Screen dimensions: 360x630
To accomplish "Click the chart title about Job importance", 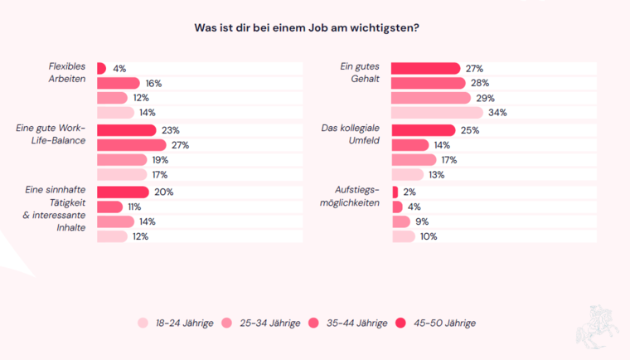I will [x=307, y=27].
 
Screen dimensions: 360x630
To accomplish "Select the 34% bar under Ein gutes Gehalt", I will [x=437, y=113].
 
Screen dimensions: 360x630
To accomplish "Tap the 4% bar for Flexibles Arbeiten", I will [x=101, y=68].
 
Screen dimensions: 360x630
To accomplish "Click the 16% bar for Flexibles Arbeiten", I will [x=118, y=83].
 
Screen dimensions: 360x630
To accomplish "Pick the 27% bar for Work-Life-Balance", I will [x=131, y=145].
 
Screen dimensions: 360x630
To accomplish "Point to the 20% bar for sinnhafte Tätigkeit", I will [x=123, y=192].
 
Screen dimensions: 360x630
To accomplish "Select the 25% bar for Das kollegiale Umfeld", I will [x=423, y=130].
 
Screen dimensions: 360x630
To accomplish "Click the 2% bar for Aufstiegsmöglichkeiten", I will [x=395, y=192].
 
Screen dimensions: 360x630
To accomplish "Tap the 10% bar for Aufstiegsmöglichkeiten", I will [x=403, y=236].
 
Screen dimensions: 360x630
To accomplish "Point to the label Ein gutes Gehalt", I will [x=358, y=73].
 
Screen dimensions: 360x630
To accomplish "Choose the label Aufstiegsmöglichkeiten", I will [x=356, y=198].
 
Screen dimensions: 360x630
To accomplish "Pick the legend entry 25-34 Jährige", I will [x=262, y=323].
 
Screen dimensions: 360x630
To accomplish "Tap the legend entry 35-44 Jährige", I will [x=348, y=323].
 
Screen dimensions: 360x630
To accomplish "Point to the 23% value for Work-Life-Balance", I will [x=171, y=130].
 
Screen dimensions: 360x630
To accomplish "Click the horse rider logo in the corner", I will [x=598, y=325].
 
